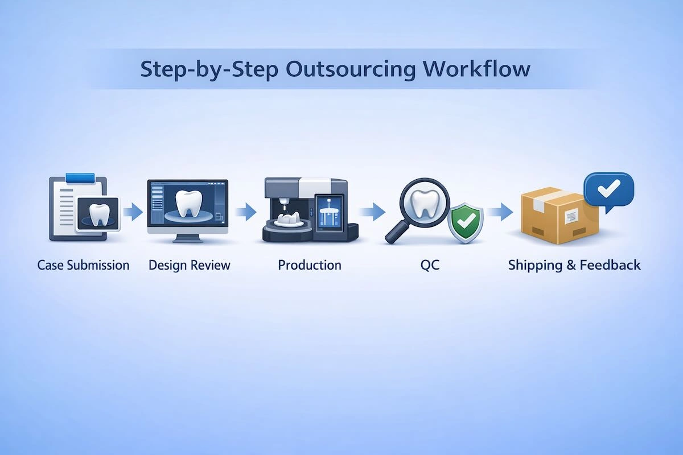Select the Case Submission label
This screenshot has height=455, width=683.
point(83,265)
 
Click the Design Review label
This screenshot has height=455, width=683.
point(190,265)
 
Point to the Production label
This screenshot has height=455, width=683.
point(310,265)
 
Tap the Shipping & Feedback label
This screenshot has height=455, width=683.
point(574,265)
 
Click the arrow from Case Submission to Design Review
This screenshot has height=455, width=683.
point(133,213)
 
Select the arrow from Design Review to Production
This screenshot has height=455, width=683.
point(245,213)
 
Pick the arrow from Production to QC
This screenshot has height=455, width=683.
point(372,213)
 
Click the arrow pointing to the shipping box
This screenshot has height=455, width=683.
point(500,213)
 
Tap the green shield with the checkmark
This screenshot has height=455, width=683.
point(466,224)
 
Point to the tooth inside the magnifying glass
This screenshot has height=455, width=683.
point(424,203)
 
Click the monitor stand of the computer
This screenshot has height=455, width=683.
point(187,238)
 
